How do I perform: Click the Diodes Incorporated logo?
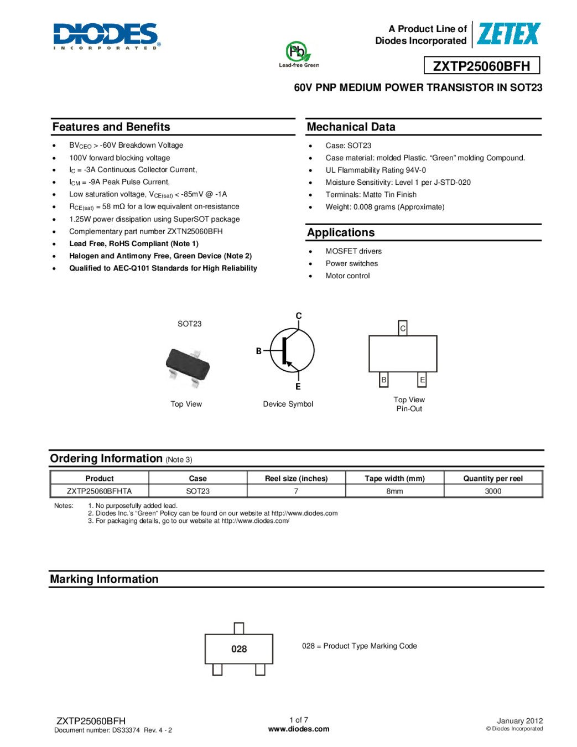click(x=107, y=37)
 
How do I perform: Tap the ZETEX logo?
click(x=508, y=34)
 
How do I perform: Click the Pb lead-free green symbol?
click(x=298, y=53)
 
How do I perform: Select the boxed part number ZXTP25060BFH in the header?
click(x=481, y=66)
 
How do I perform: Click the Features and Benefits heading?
click(x=111, y=127)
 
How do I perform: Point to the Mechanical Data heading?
click(x=351, y=127)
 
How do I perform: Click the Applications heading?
click(x=341, y=232)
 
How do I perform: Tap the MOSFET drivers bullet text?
click(x=354, y=251)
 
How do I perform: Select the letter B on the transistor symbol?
click(x=258, y=351)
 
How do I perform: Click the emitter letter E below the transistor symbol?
click(x=298, y=386)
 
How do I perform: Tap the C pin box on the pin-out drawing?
click(x=403, y=328)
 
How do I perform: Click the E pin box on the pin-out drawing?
click(x=422, y=380)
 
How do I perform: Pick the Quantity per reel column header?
click(x=493, y=478)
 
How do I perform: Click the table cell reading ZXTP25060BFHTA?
click(x=100, y=491)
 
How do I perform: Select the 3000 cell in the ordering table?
click(x=493, y=491)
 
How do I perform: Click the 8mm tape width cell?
click(x=394, y=491)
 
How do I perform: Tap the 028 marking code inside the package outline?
click(x=239, y=649)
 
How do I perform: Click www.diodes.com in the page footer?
click(x=299, y=729)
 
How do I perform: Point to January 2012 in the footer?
click(x=519, y=720)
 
